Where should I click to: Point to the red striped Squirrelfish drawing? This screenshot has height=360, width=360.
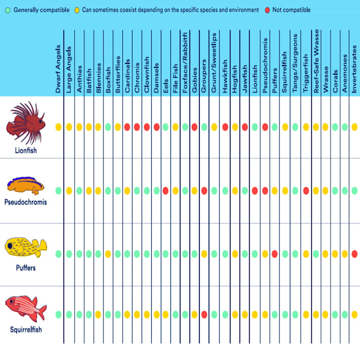25,308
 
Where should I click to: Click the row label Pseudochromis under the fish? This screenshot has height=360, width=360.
25,202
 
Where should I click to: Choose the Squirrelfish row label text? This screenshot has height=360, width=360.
25,329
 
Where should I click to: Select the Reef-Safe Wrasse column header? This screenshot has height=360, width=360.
316,62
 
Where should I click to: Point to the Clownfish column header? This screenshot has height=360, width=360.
147,74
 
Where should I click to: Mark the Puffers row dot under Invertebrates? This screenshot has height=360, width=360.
354,254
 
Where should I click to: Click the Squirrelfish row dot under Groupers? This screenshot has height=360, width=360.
204,314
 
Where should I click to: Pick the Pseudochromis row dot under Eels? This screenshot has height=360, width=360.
165,191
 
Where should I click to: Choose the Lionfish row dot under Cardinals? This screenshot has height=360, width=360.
127,127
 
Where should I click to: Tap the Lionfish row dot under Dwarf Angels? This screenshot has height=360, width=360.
58,127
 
